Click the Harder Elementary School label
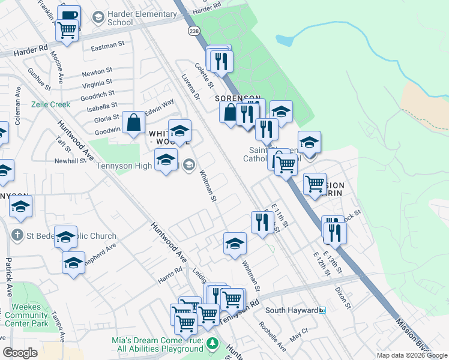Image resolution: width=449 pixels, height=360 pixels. click(x=119, y=18)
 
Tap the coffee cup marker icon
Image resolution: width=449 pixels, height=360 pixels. click(x=70, y=14)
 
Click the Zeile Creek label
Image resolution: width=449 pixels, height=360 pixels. click(x=51, y=104)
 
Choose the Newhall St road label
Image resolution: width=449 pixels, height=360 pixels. click(x=71, y=161)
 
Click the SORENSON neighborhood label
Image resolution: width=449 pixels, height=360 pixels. click(x=239, y=98)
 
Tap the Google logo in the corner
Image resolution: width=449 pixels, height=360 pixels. click(x=20, y=353)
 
